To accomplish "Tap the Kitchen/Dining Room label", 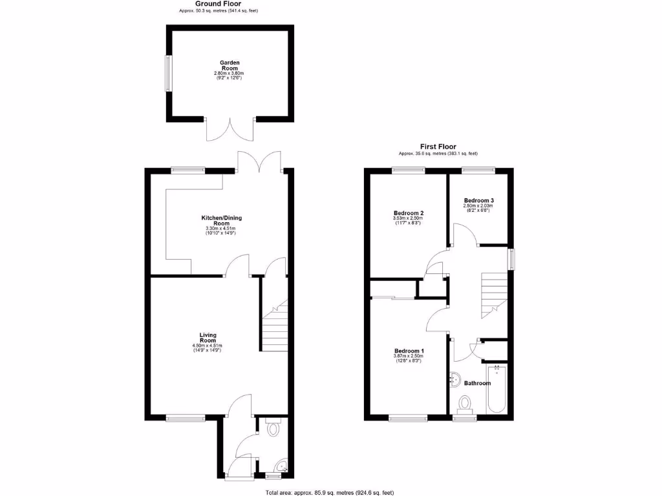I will pyautogui.click(x=221, y=221).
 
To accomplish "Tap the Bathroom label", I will pyautogui.click(x=477, y=383).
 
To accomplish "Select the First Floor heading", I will pyautogui.click(x=438, y=147).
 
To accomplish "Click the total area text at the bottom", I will pyautogui.click(x=329, y=492).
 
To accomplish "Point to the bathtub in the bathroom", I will pyautogui.click(x=497, y=389).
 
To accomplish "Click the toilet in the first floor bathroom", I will pyautogui.click(x=465, y=404).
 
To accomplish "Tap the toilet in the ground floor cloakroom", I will pyautogui.click(x=273, y=427).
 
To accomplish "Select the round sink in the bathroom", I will pyautogui.click(x=454, y=380).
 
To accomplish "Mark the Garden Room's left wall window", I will pyautogui.click(x=168, y=73).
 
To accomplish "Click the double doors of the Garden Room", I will pyautogui.click(x=230, y=129).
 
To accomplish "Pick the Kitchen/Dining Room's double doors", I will pyautogui.click(x=259, y=162).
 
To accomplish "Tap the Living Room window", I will pyautogui.click(x=185, y=418).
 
